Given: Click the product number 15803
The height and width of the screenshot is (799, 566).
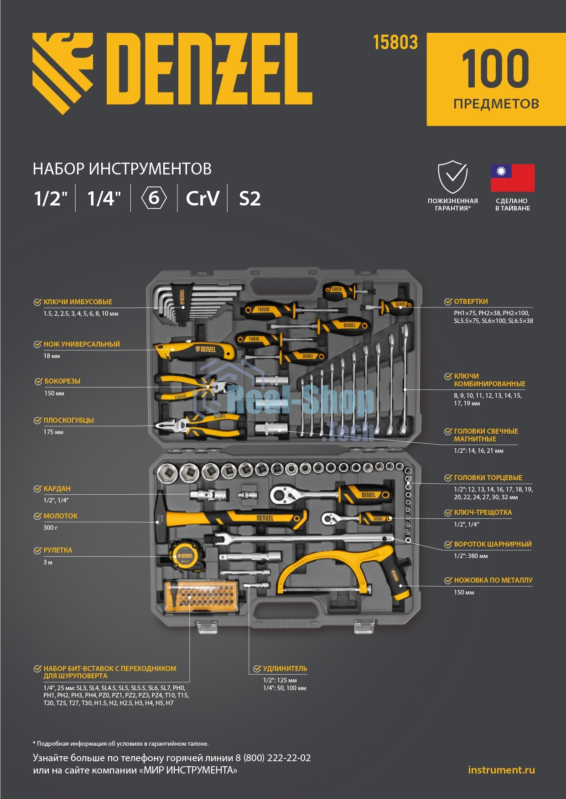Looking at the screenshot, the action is pyautogui.click(x=395, y=42).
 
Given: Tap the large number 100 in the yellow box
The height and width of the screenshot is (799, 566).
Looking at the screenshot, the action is pyautogui.click(x=496, y=69).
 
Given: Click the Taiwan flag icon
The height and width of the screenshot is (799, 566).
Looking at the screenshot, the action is pyautogui.click(x=513, y=178).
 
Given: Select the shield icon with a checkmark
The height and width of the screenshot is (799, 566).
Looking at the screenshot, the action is pyautogui.click(x=452, y=177).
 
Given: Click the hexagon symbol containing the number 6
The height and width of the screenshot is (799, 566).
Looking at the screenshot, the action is pyautogui.click(x=154, y=198).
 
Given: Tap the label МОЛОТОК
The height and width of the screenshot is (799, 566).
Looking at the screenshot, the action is pyautogui.click(x=61, y=516).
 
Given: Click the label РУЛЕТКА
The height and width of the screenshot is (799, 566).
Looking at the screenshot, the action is pyautogui.click(x=58, y=550).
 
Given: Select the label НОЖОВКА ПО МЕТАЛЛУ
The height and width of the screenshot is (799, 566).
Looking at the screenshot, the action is pyautogui.click(x=493, y=580).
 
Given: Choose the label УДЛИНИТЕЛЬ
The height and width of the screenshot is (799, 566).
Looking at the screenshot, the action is pyautogui.click(x=285, y=669).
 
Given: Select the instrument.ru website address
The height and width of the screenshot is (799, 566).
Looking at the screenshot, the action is pyautogui.click(x=501, y=770).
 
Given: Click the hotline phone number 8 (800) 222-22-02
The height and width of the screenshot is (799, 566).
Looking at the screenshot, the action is pyautogui.click(x=273, y=758).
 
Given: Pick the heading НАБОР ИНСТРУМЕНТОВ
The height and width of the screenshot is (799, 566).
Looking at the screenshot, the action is pyautogui.click(x=122, y=169).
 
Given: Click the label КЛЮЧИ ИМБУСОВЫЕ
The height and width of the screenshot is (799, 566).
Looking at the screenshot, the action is pyautogui.click(x=78, y=302).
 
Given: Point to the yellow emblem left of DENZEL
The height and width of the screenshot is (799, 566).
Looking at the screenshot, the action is pyautogui.click(x=62, y=73).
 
